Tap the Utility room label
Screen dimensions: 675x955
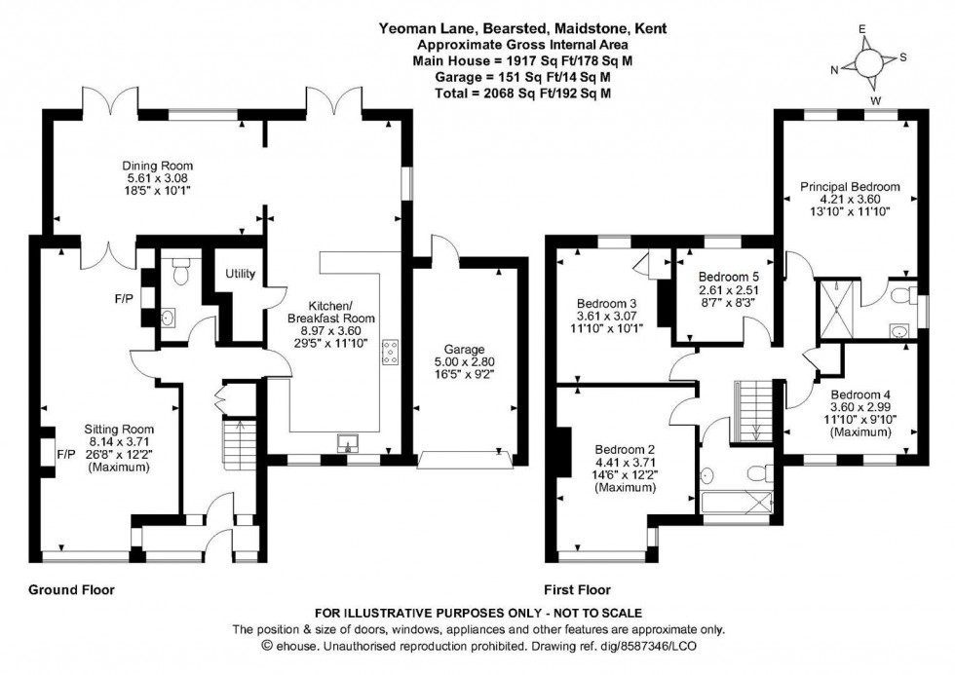pos(240,275)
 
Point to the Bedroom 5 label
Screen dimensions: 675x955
pos(727,277)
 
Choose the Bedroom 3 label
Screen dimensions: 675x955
pos(605,302)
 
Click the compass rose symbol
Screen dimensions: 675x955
pos(867,62)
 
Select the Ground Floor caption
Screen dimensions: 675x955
pos(71,589)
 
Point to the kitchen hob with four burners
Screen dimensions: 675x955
pos(392,353)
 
